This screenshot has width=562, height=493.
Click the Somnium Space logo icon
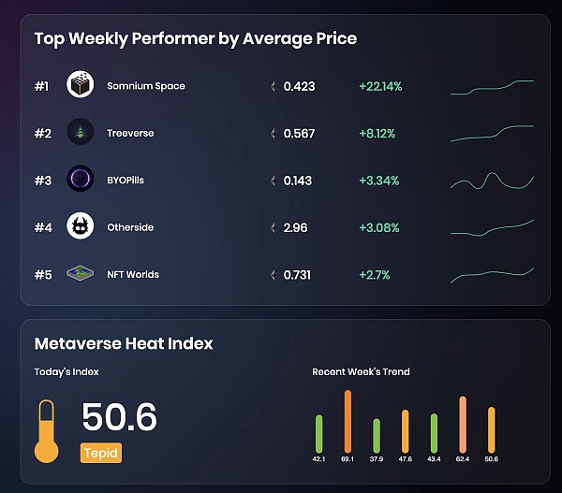[x=81, y=84]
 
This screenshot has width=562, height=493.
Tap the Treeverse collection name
[x=130, y=133]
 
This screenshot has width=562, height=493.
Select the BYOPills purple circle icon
[x=81, y=179]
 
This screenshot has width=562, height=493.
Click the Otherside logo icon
[x=81, y=225]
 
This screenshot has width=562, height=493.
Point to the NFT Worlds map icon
[x=81, y=273]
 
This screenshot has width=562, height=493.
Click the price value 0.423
[x=300, y=86]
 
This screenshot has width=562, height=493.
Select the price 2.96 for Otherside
[x=295, y=227]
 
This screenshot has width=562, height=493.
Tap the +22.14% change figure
[x=380, y=86]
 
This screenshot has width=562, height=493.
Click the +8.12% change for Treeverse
[x=377, y=134]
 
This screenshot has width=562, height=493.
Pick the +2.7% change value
[x=375, y=275]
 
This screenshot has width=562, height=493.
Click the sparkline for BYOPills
[x=492, y=181]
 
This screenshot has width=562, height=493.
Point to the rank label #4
[x=43, y=227]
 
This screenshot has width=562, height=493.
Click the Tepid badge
[x=101, y=453]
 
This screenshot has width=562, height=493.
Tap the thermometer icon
[x=46, y=431]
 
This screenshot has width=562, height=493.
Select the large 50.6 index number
[x=119, y=416]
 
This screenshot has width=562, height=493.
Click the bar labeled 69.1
[x=348, y=421]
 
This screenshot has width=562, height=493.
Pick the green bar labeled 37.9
[x=377, y=436]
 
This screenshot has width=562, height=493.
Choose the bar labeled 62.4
[x=463, y=425]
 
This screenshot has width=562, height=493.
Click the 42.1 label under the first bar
[x=318, y=459]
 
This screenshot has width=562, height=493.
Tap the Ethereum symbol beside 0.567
[x=274, y=134]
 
